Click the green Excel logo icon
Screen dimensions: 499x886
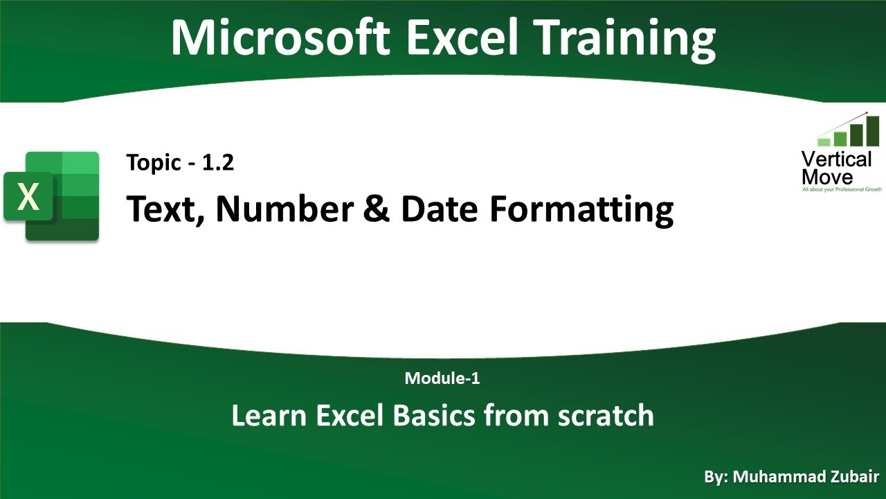[52, 196]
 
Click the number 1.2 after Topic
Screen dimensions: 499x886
[219, 163]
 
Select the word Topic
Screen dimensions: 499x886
[152, 164]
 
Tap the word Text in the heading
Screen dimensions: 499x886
[164, 209]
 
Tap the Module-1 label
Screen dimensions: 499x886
[442, 378]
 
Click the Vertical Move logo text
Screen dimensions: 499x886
[836, 168]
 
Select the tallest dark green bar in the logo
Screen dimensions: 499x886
[872, 131]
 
